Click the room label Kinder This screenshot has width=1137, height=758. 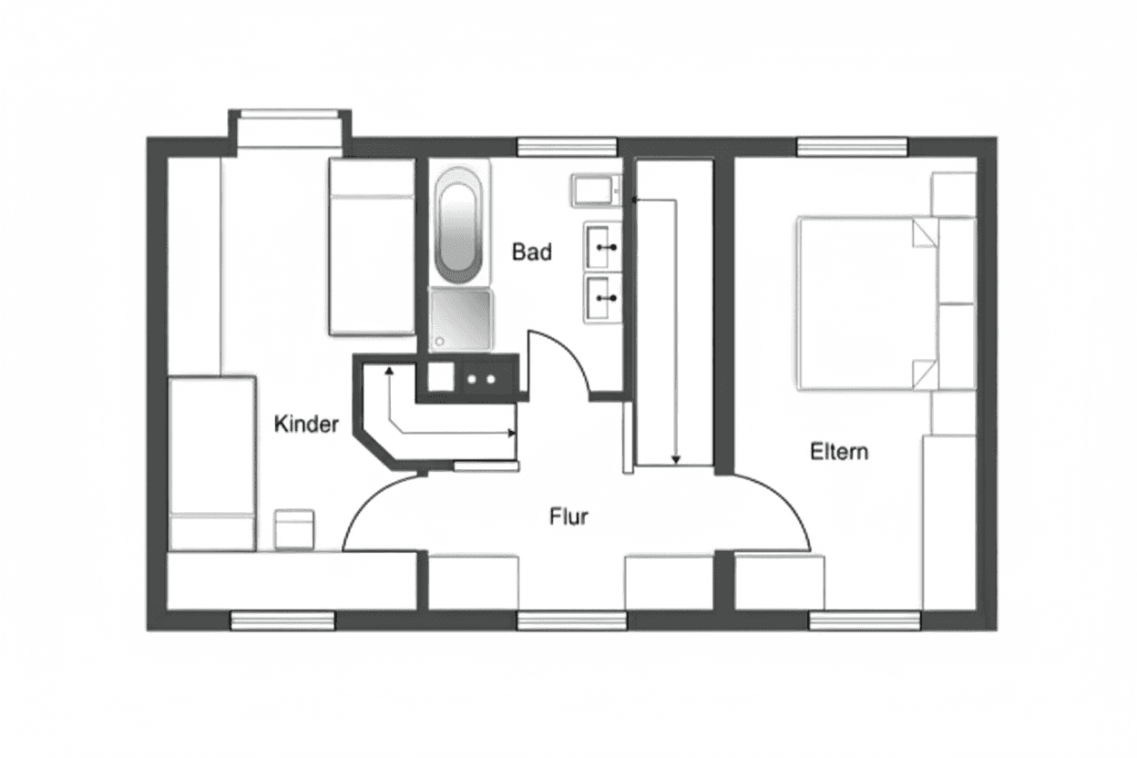point(307,424)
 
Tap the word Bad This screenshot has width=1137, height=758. point(531,251)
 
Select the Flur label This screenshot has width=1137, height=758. point(568,517)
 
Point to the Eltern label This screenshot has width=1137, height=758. point(839,451)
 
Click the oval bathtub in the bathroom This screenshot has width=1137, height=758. point(460,224)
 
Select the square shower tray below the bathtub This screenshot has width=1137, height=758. point(461,319)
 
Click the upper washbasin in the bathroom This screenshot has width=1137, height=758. point(602,246)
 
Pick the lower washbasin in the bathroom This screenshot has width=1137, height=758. point(602,296)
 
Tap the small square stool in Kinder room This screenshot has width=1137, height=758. point(293,529)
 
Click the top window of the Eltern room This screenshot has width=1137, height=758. point(852,147)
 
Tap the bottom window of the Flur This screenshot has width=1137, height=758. point(572,621)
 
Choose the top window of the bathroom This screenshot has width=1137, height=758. point(567,147)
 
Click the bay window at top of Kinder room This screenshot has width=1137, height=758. point(288,115)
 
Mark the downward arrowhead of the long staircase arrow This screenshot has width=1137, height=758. point(675,460)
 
